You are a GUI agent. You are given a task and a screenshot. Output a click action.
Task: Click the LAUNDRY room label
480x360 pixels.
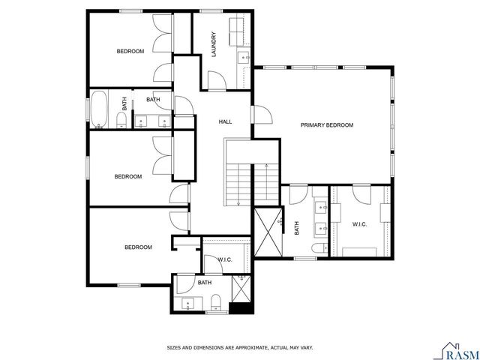pos(214,44)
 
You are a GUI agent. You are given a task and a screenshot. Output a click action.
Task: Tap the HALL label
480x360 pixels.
pos(224,121)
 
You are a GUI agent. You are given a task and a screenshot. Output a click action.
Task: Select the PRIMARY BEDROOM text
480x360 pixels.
pos(326,125)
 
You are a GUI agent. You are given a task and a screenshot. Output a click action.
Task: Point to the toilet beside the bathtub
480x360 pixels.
pos(122,120)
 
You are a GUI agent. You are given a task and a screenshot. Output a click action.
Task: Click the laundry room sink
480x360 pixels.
pos(244,58)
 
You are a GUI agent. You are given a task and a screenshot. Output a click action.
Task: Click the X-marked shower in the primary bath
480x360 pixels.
pos(268,232)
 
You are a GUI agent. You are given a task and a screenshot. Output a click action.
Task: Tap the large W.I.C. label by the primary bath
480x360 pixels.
pos(359,224)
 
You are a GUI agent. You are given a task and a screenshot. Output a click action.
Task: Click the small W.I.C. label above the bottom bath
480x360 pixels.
pos(225,259)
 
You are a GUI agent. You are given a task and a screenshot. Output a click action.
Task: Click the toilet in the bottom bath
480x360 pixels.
pos(216,303)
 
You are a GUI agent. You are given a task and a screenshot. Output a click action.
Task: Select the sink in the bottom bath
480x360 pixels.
pos(187,303)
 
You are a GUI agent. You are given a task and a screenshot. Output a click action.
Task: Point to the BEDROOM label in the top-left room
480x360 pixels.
pos(130,51)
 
